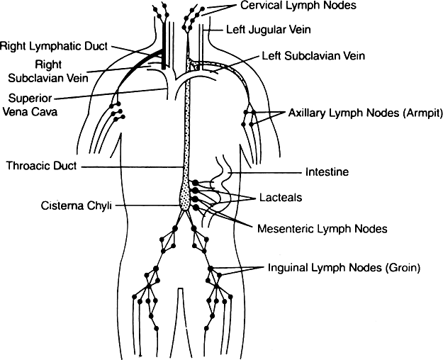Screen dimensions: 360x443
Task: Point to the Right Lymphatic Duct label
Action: [x=54, y=47]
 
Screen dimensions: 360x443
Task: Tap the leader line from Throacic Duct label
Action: [x=131, y=167]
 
